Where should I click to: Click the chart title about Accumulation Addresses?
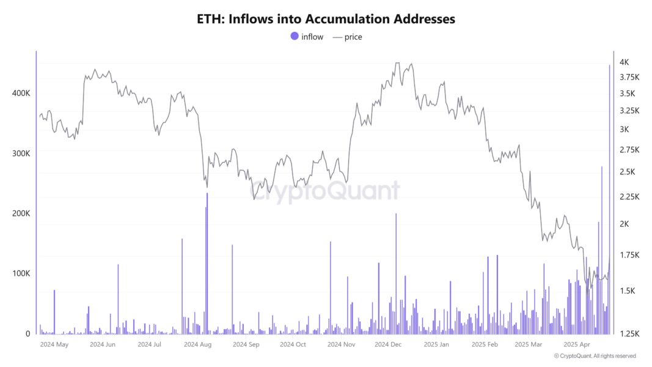[326, 19]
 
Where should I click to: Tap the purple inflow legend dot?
[295, 36]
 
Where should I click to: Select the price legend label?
[353, 37]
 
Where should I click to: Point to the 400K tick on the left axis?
[21, 93]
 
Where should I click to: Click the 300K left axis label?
[21, 153]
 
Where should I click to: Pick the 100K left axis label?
[21, 273]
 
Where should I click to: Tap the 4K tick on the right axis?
[625, 62]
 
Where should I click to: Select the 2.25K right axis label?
[629, 196]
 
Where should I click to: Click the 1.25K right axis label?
[629, 334]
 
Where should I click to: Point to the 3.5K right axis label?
[628, 94]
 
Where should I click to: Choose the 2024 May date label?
[54, 345]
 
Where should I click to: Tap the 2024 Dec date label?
[388, 345]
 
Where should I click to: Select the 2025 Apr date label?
[577, 345]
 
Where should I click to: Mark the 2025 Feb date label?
[485, 345]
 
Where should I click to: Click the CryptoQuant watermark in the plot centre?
[326, 191]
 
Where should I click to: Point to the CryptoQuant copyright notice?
[595, 356]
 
